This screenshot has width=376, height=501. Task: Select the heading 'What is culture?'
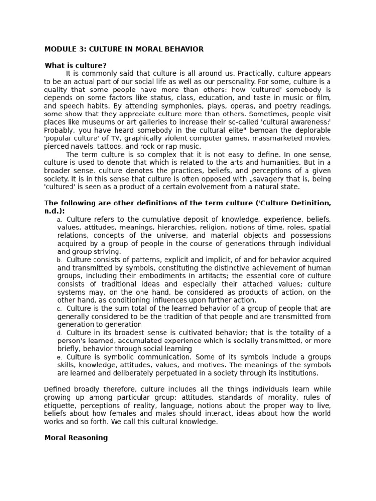(x=75, y=65)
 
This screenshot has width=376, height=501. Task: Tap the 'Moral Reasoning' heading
(x=76, y=438)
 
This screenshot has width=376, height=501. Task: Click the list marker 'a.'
(x=59, y=220)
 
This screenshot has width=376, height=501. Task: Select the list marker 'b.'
(x=59, y=260)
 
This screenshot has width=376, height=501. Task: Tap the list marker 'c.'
(x=59, y=309)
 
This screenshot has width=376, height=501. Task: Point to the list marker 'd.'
(x=59, y=333)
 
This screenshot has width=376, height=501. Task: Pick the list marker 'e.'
(x=59, y=358)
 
